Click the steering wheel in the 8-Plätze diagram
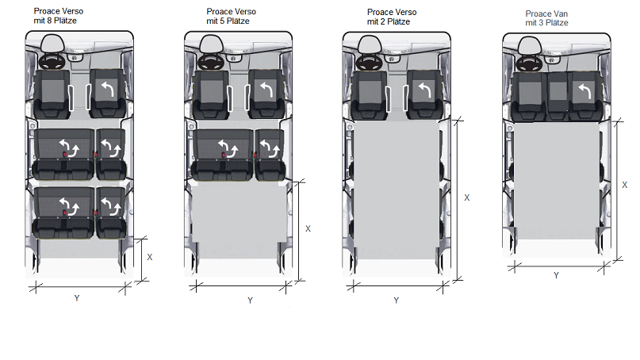52,62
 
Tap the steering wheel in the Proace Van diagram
530,63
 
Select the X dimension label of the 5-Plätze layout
309,229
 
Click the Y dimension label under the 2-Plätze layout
397,301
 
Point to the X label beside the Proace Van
624,185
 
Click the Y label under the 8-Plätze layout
77,298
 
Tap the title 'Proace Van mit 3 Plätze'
546,18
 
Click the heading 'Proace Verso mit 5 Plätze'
231,17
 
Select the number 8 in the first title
49,21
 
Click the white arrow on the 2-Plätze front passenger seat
425,90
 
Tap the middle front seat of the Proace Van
558,96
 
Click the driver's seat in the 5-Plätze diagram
211,94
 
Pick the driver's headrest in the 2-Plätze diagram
370,44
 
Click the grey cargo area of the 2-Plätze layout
397,190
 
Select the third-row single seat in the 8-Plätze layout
110,213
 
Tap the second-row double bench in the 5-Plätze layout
222,155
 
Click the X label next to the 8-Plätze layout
150,257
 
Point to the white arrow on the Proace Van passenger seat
585,91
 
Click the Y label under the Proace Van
556,275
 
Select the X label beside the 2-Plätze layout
467,197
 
